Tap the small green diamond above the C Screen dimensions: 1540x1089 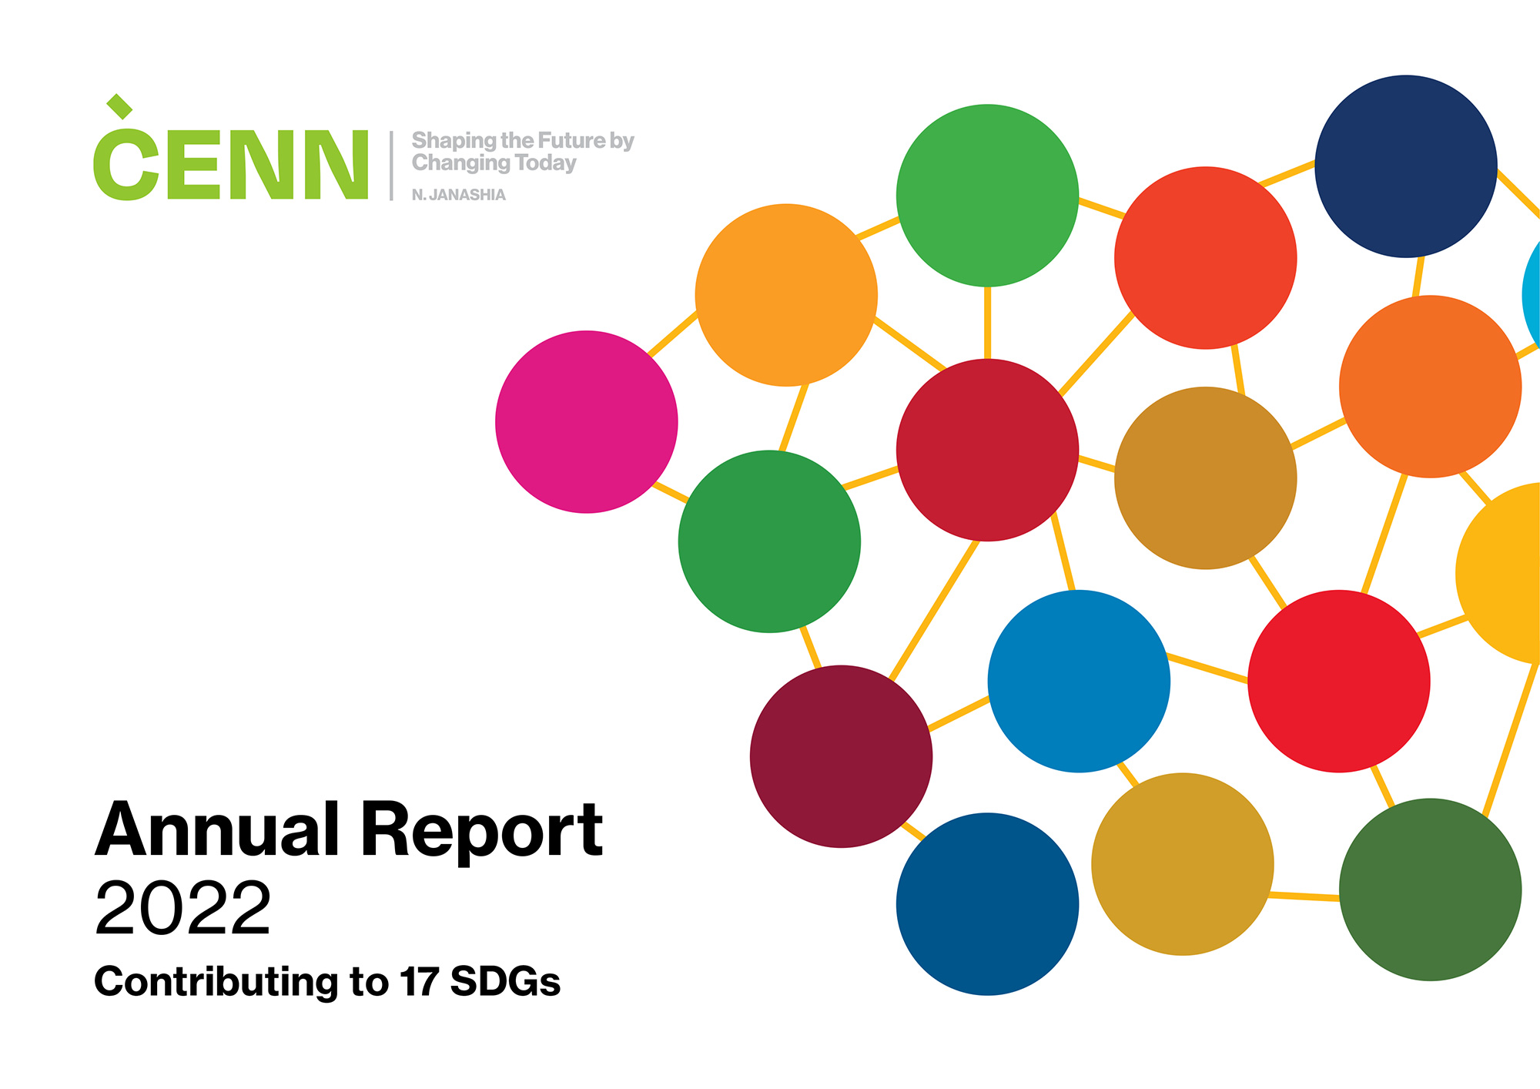pos(119,106)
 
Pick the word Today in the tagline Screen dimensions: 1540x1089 pos(546,164)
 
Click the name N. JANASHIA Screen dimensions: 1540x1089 pos(459,195)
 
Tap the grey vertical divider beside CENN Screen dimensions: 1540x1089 pos(391,166)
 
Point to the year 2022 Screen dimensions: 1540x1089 pos(182,908)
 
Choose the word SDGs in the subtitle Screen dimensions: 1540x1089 pos(505,982)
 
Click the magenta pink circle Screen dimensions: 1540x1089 pos(587,422)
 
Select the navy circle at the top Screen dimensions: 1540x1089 pos(1406,166)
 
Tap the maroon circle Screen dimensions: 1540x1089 pos(842,756)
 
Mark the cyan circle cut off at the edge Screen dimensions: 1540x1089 pos(1532,296)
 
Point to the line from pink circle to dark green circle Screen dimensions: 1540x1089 pos(670,493)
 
